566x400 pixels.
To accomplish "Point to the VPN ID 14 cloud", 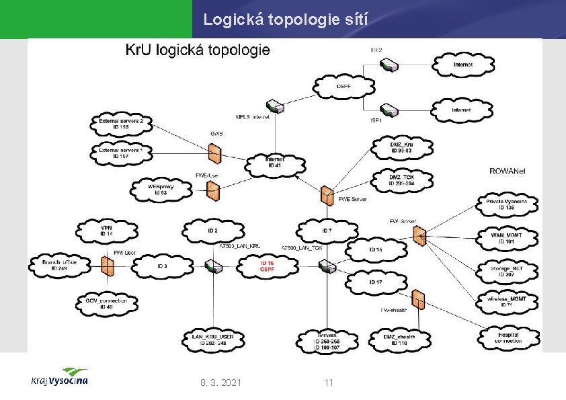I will point(107,230).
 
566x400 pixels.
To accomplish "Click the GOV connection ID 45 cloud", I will point(107,304).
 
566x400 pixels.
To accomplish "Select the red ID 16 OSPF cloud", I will point(267,266).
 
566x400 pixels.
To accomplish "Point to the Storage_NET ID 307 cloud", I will point(506,271).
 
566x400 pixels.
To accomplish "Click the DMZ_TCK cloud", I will point(401,179).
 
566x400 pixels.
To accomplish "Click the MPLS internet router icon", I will point(274,106).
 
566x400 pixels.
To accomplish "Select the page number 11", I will point(329,383).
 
